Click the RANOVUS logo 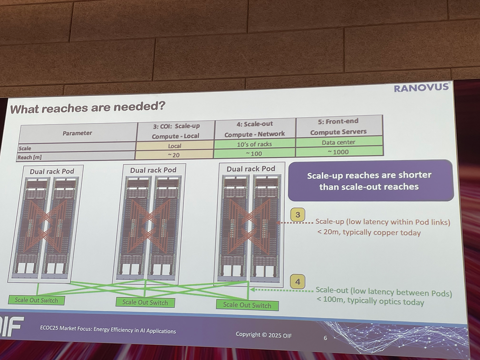click(421, 88)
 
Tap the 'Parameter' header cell click(77, 133)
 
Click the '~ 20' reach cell click(174, 155)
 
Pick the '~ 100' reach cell click(254, 153)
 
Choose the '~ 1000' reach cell click(338, 151)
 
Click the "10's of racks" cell click(254, 144)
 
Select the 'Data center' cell click(338, 143)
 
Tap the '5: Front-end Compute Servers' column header click(338, 126)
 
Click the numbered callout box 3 click(298, 215)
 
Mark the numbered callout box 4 click(297, 282)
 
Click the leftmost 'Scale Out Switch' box click(36, 300)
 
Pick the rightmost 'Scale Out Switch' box click(247, 305)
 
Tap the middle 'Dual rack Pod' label click(153, 170)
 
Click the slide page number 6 click(325, 338)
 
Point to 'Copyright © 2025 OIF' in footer click(264, 335)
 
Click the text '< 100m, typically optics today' click(370, 302)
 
